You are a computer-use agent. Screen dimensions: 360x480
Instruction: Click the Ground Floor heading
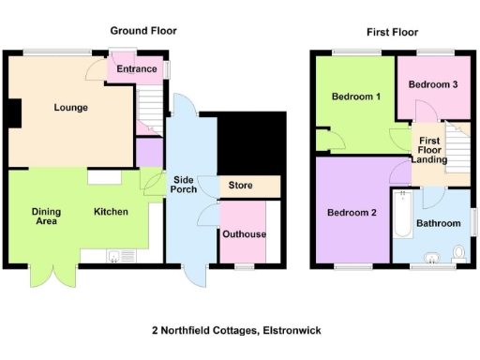point(142,30)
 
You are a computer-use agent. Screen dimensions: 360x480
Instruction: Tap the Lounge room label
point(70,108)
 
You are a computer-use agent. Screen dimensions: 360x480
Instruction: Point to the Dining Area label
point(45,217)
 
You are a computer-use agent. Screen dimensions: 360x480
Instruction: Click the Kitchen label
point(111,212)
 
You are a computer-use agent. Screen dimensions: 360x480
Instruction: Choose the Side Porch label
point(183,185)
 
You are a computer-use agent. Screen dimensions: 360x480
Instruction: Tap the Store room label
point(241,186)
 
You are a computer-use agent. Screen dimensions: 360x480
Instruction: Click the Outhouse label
point(243,234)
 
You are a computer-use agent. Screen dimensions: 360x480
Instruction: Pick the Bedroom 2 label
point(352,213)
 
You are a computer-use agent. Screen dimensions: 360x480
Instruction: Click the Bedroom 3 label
point(433,84)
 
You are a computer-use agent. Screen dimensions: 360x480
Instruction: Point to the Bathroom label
point(439,223)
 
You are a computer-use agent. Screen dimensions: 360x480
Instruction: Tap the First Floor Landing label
point(429,150)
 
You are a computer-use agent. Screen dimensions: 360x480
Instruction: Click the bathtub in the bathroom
point(402,215)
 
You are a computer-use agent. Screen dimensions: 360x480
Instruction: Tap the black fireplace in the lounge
point(14,112)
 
